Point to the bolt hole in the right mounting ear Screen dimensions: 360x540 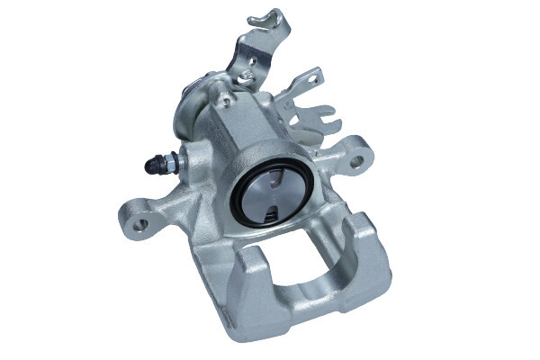point(357,162)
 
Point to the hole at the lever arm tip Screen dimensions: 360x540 point(314,80)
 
